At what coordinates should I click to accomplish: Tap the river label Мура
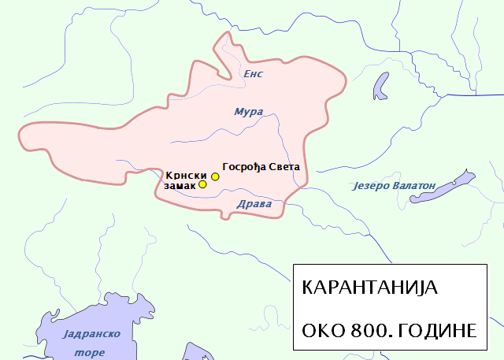pyautogui.click(x=249, y=112)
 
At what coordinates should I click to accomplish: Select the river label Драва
pyautogui.click(x=254, y=204)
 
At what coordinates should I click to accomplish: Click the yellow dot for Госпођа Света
pyautogui.click(x=215, y=176)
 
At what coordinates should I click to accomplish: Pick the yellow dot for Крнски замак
pyautogui.click(x=202, y=184)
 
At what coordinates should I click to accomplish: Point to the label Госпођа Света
pyautogui.click(x=261, y=167)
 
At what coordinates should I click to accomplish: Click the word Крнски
pyautogui.click(x=187, y=174)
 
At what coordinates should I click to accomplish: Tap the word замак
pyautogui.click(x=179, y=185)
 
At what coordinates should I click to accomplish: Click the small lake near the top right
pyautogui.click(x=382, y=85)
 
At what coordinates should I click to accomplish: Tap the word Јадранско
pyautogui.click(x=90, y=333)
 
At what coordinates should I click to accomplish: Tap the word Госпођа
pyautogui.click(x=246, y=167)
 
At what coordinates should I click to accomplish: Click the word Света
pyautogui.click(x=284, y=167)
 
